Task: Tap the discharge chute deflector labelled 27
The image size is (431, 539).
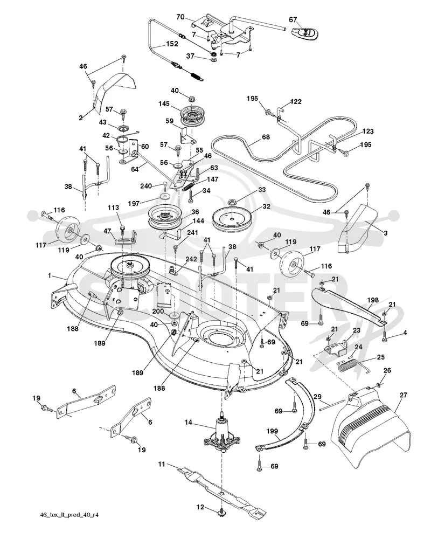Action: click(x=370, y=428)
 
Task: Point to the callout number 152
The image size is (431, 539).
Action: click(x=172, y=44)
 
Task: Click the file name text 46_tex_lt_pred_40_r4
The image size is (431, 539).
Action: click(x=69, y=515)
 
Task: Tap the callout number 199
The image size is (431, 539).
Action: click(x=272, y=431)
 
